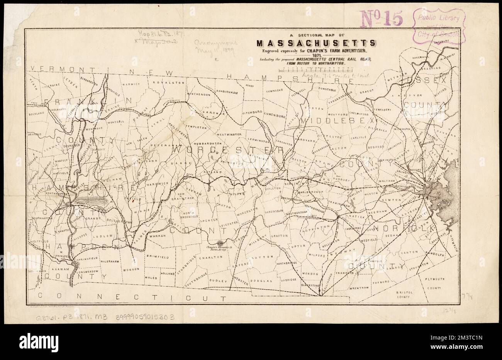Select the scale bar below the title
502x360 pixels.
[318, 70]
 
